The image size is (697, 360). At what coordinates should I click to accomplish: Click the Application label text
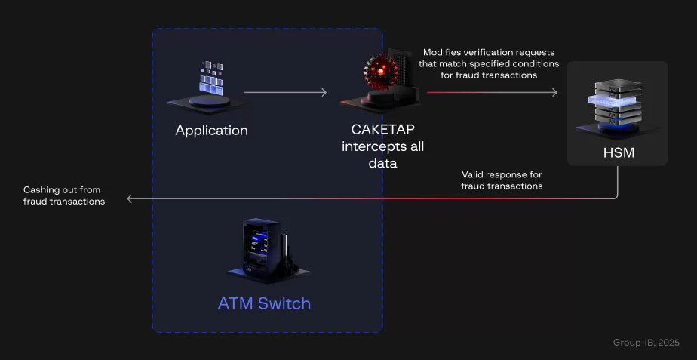[211, 131]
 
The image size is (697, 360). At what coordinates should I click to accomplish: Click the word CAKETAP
[382, 131]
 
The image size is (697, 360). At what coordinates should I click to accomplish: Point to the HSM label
[617, 153]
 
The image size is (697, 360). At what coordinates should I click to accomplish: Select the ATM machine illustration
[263, 250]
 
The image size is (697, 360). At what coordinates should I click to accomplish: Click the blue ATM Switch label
[264, 304]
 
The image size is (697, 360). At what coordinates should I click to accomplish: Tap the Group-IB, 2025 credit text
[646, 343]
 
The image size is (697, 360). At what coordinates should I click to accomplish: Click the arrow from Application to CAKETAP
[285, 93]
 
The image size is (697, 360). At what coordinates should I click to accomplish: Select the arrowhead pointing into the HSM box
[554, 93]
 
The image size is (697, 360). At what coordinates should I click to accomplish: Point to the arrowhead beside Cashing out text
[130, 199]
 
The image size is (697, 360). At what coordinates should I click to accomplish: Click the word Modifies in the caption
[444, 53]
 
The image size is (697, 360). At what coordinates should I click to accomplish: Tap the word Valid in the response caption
[474, 174]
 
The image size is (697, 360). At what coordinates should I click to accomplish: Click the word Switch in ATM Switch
[284, 304]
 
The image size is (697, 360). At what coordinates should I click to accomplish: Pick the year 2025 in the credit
[668, 343]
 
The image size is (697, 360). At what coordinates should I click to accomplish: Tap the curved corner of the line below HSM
[615, 195]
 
